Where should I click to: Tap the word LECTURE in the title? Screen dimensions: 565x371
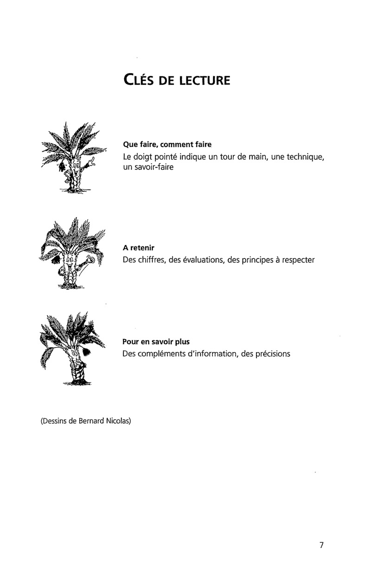[203, 81]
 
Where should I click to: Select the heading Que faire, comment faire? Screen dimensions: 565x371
[167, 144]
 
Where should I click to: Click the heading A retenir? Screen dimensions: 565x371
[138, 248]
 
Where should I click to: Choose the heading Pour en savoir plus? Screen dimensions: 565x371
[156, 342]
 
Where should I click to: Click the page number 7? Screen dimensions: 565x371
[321, 545]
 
